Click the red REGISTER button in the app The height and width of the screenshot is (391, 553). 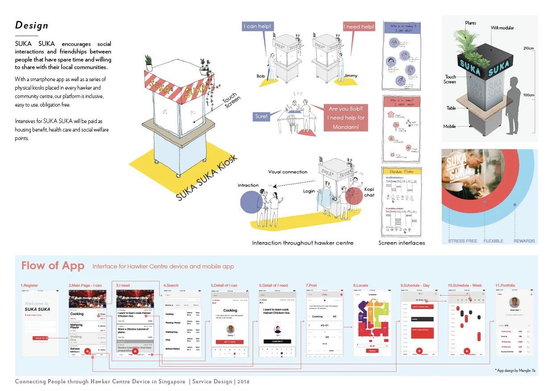click(40, 338)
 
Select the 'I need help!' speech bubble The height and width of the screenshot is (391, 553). click(359, 27)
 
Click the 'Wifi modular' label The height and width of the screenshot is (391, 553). click(502, 28)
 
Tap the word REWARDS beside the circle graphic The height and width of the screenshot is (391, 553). click(524, 241)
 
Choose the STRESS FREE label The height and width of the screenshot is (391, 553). click(462, 241)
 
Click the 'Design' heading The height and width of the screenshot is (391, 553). click(32, 25)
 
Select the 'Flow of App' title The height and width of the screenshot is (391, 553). click(53, 266)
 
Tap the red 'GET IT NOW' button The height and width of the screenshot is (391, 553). click(230, 342)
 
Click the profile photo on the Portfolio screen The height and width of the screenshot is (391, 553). click(514, 302)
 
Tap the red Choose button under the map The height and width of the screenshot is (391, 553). click(372, 351)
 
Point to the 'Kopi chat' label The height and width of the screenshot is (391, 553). click(368, 192)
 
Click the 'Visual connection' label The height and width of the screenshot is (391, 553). click(288, 172)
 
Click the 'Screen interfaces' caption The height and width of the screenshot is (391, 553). click(401, 243)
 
